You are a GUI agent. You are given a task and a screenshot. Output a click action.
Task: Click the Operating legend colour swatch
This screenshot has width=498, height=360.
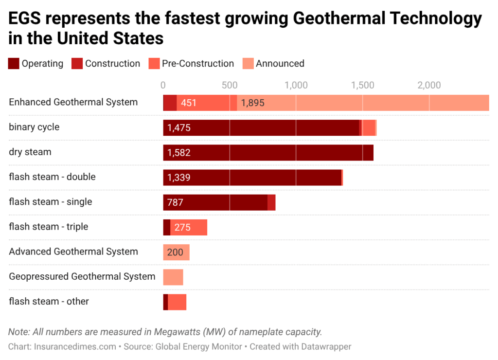tap(14, 64)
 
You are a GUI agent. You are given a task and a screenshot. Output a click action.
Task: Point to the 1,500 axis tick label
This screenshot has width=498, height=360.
tap(362, 86)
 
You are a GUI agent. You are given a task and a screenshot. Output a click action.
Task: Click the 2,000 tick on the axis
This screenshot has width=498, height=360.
tap(429, 86)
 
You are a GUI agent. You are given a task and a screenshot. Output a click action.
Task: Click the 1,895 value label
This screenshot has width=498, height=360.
tap(252, 103)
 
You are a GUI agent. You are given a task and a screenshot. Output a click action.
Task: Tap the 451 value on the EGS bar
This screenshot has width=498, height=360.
tap(189, 103)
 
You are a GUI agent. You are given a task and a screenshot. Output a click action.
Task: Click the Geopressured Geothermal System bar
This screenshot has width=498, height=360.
tap(173, 277)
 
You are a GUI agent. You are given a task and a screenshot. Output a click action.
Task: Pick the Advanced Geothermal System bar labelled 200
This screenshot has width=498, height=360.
tap(176, 252)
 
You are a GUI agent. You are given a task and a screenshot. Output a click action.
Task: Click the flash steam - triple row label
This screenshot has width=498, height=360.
tap(49, 227)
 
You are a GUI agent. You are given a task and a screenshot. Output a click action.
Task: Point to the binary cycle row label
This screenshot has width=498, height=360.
tap(34, 127)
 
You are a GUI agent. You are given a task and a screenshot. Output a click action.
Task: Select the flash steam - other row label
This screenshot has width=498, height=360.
tap(49, 302)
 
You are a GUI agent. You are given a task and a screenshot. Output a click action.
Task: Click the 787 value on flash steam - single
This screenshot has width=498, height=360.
tap(175, 202)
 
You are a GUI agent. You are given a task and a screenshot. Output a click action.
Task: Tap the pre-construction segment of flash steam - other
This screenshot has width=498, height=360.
tap(177, 302)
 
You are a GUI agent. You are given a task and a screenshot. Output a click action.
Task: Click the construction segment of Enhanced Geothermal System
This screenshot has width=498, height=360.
tap(170, 103)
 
